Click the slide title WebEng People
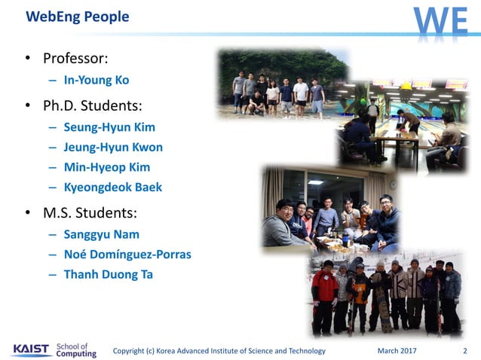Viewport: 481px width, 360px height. [78, 17]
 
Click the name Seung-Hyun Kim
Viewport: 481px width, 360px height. [110, 127]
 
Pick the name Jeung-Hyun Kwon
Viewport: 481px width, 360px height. [114, 147]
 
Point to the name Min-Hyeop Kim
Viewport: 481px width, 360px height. [108, 167]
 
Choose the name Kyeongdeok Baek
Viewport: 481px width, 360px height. [113, 187]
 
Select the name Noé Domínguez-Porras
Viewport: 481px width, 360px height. [127, 255]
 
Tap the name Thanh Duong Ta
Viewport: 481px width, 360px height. [109, 274]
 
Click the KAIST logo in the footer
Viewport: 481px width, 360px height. [31, 350]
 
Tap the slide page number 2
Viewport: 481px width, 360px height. [464, 351]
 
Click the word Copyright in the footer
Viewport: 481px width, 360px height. [130, 351]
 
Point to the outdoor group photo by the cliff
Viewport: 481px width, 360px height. [280, 84]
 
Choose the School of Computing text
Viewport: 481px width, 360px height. [76, 350]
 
